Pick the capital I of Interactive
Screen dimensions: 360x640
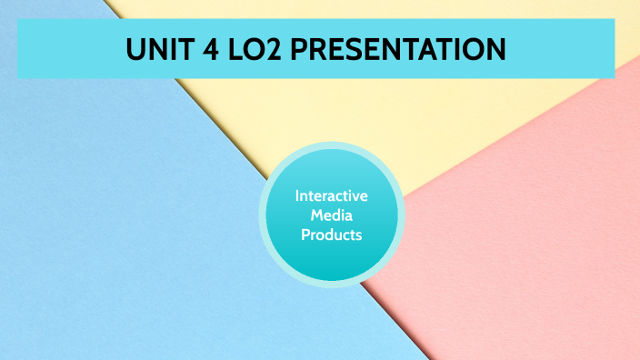click(297, 196)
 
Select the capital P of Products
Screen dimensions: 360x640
click(305, 235)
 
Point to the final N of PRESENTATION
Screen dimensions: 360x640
click(495, 48)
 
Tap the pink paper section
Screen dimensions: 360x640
click(527, 236)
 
